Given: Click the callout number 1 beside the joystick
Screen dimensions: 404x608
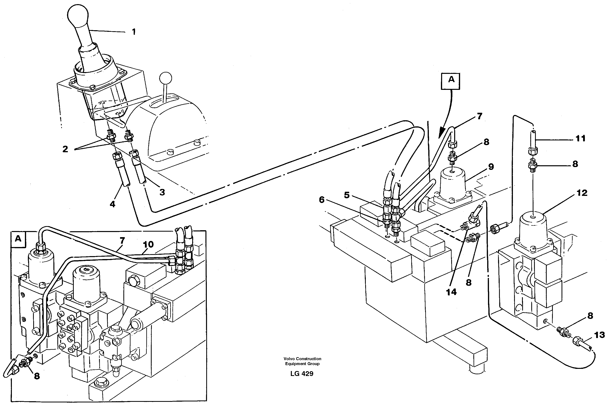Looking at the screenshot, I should tap(133, 32).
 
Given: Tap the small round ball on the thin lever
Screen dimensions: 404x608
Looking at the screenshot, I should tap(165, 78).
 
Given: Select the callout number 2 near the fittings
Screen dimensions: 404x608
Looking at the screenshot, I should tap(65, 149).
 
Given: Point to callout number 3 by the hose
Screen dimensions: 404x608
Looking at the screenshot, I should tap(162, 192).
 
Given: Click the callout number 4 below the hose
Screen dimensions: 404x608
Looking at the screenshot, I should tap(113, 204).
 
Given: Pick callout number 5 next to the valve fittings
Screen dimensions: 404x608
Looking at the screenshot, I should tap(347, 195).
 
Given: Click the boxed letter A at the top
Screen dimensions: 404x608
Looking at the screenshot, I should tap(451, 80).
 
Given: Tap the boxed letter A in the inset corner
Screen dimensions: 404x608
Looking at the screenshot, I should tap(18, 239).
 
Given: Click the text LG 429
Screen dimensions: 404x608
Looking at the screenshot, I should tap(302, 374).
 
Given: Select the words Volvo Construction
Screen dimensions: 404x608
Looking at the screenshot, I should tap(302, 359).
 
